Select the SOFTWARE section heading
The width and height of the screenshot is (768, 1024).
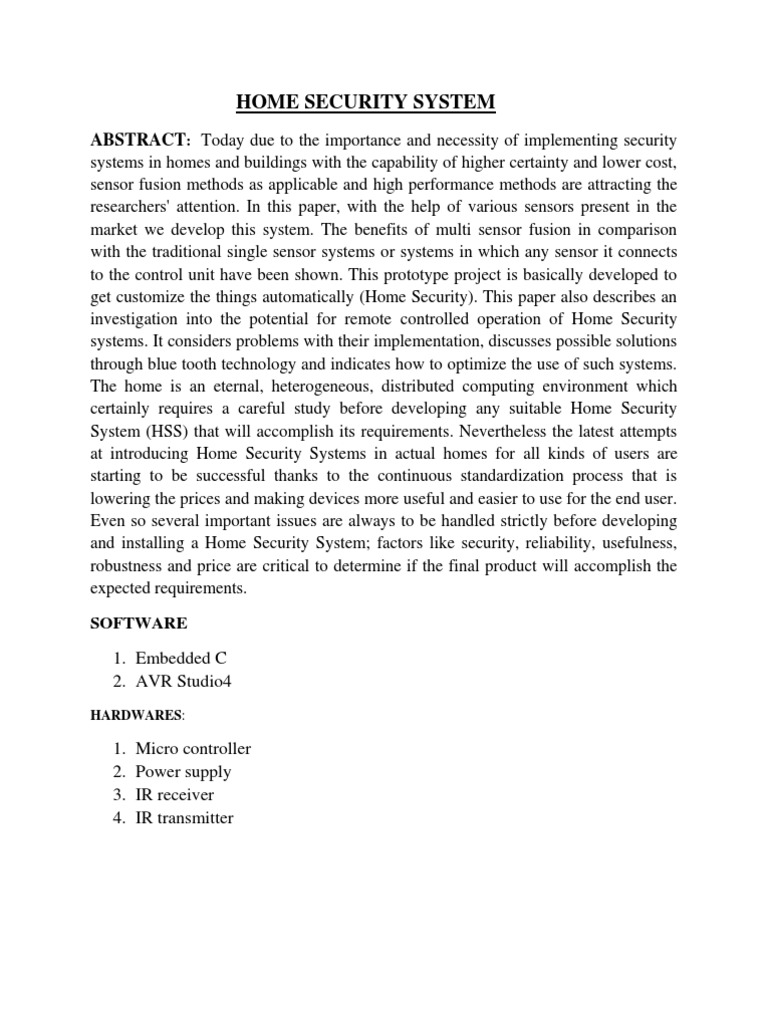[138, 623]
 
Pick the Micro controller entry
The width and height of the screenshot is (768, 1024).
[193, 748]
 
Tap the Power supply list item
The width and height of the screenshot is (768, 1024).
[183, 771]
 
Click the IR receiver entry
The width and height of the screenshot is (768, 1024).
[175, 794]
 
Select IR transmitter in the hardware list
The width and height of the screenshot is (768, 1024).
[185, 817]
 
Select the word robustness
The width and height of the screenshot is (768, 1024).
[127, 565]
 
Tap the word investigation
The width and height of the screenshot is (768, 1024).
[136, 318]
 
